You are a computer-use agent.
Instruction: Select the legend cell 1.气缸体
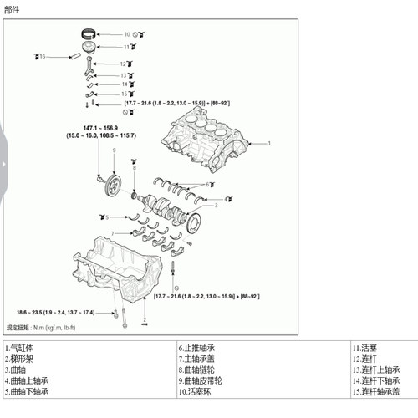(x=20, y=347)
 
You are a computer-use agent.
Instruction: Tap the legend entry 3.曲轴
(x=17, y=369)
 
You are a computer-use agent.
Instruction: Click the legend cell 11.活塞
(x=365, y=347)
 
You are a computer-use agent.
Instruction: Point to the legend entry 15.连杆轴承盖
(x=375, y=390)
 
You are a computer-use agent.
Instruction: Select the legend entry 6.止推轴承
(x=197, y=347)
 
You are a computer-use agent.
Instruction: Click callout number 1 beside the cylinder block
(x=269, y=144)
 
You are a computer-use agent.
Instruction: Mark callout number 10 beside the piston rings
(x=127, y=35)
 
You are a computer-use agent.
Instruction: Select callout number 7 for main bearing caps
(x=113, y=233)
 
